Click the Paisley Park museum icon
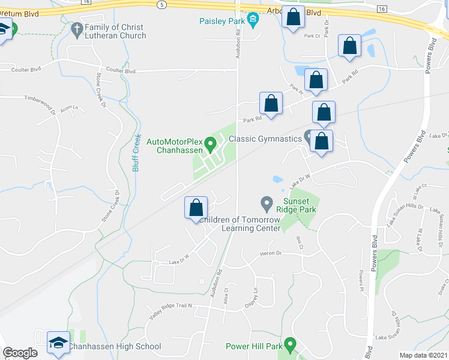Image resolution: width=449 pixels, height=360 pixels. coord(253,22)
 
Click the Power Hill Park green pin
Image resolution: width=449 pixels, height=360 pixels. coord(291,345)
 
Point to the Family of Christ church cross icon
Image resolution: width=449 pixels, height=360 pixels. coord(77,28)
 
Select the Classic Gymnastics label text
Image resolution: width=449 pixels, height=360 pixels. coord(265,139)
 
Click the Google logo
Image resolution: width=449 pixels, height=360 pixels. coord(20,353)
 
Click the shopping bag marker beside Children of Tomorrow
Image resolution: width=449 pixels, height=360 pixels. coord(196,208)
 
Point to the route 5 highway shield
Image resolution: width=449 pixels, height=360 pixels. coord(161,5)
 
